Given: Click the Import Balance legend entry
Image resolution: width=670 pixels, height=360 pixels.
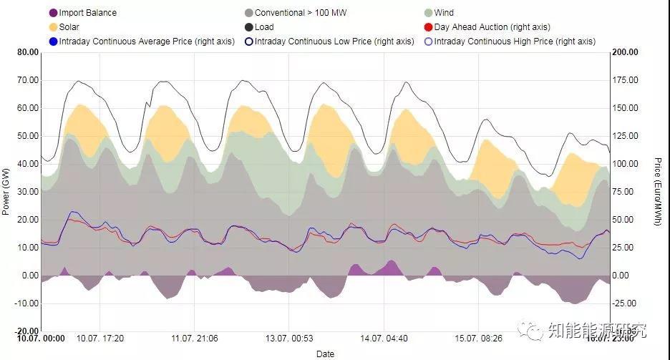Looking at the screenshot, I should tap(87, 13).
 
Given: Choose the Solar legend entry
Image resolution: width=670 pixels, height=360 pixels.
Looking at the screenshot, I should tap(69, 27).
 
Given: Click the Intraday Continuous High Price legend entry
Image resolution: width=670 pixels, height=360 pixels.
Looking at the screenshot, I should tap(514, 42).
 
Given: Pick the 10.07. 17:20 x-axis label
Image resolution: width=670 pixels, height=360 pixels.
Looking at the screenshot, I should tap(100, 339).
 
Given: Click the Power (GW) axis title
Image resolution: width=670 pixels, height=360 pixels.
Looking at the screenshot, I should tap(6, 192).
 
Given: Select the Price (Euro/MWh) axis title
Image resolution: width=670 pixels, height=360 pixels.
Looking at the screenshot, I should tap(658, 192).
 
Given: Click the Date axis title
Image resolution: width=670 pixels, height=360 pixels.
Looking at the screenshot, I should tap(325, 354).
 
